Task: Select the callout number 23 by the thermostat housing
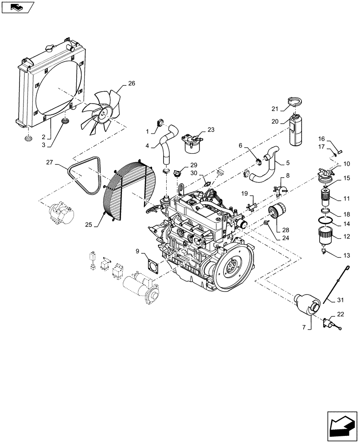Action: pyautogui.click(x=210, y=130)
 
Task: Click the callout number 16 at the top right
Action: pyautogui.click(x=333, y=139)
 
